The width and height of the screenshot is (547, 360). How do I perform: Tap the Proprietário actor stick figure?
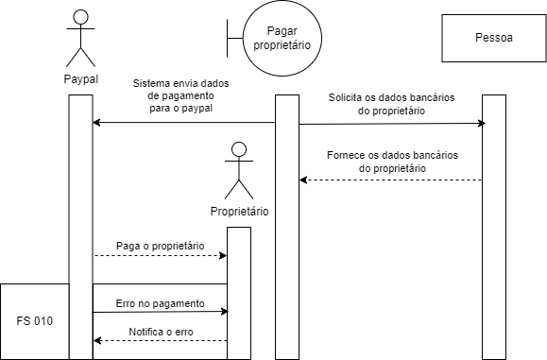[239, 170]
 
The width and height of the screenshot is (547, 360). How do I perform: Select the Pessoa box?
[493, 39]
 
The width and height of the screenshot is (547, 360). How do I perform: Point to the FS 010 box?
[35, 320]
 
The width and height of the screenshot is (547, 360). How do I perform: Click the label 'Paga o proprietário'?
[160, 245]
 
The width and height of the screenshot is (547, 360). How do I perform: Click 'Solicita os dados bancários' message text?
[389, 97]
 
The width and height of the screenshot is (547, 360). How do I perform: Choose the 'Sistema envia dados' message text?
[186, 82]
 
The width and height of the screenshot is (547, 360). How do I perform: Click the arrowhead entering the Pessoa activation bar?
[482, 124]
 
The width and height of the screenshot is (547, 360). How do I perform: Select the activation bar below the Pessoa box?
[494, 227]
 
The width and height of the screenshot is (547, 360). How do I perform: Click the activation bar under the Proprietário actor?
[239, 293]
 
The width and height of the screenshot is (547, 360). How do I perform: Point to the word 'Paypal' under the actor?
[81, 79]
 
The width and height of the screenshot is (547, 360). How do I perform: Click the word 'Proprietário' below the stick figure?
[239, 211]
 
